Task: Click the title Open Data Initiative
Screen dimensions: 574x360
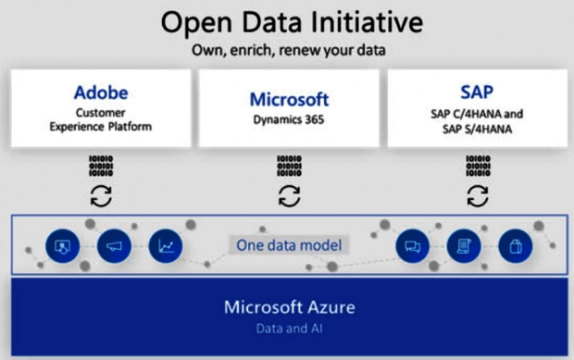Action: (x=292, y=23)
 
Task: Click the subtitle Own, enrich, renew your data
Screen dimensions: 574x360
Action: (x=289, y=51)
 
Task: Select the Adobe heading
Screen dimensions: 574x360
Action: (x=101, y=93)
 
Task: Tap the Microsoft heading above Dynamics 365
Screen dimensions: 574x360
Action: (x=289, y=99)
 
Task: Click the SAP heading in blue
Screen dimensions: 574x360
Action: (x=477, y=92)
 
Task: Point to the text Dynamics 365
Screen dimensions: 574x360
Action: (x=289, y=119)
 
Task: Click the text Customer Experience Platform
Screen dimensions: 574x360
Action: (x=101, y=119)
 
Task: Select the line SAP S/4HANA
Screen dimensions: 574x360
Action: (x=477, y=130)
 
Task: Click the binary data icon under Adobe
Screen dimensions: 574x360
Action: (x=101, y=166)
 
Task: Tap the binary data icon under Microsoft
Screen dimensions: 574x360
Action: (x=289, y=166)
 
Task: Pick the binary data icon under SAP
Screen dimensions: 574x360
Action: (x=478, y=166)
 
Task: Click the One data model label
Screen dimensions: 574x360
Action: (x=289, y=245)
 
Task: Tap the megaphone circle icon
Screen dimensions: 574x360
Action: (x=114, y=246)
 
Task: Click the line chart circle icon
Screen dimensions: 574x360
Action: (x=166, y=246)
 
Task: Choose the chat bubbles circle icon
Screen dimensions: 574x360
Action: (x=412, y=246)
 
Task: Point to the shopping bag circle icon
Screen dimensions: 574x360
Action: (x=516, y=246)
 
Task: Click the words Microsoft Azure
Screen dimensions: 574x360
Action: (x=290, y=307)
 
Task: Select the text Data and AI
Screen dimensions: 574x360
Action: (x=289, y=329)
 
